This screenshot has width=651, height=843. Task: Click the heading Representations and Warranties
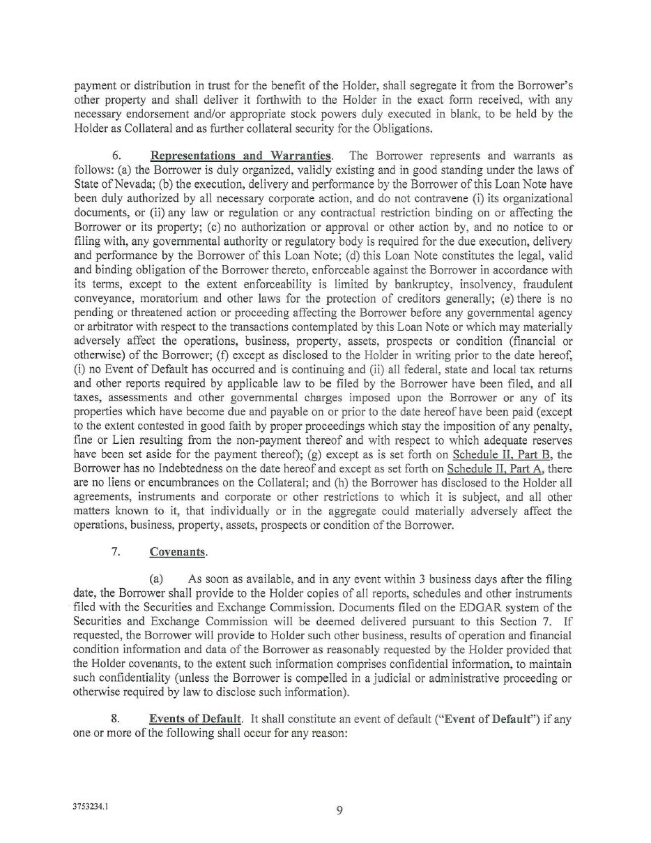coord(240,156)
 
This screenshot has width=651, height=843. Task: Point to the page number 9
coord(339,810)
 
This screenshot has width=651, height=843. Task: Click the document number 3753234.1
coord(90,806)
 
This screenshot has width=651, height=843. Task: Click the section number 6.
coord(116,156)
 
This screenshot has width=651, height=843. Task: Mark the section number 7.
coord(115,551)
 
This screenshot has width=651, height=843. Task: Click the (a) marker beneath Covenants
coord(156,579)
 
